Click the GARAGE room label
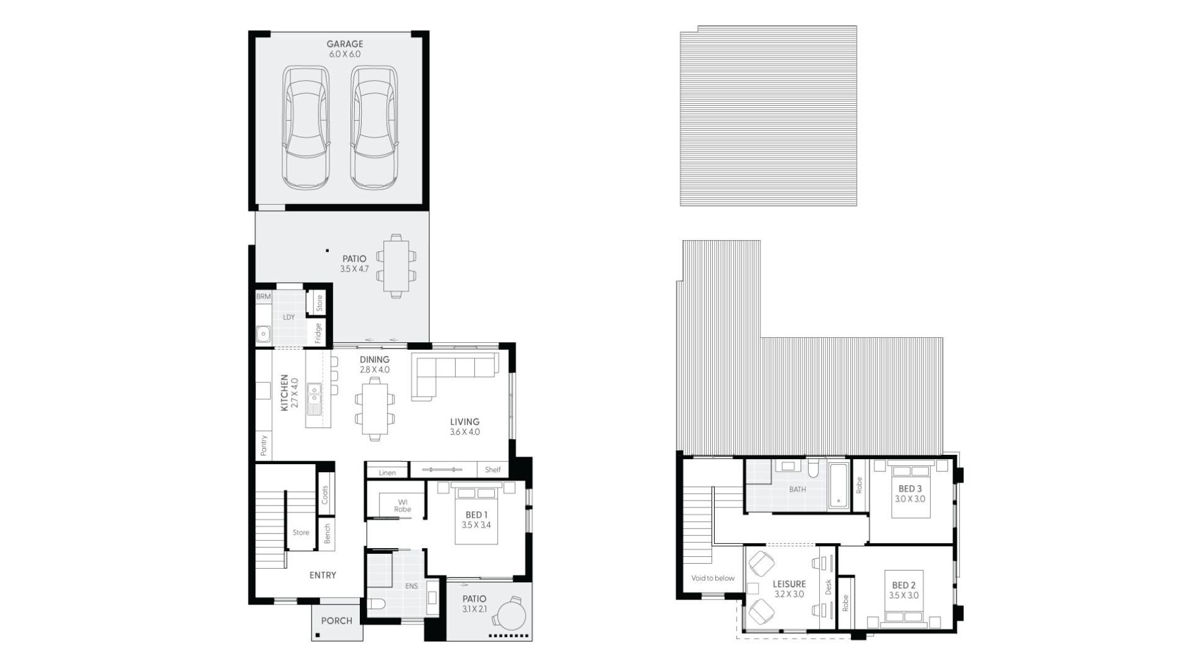click(345, 44)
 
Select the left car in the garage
click(305, 127)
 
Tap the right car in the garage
click(373, 127)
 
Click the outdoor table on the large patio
click(396, 266)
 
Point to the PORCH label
click(337, 621)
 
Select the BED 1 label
click(476, 515)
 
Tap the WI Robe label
click(403, 506)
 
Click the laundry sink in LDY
click(263, 334)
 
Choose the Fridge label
click(318, 333)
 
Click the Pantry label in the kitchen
click(264, 445)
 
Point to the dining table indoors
click(375, 409)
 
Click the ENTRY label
click(323, 575)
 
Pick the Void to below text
click(713, 578)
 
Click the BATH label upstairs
click(798, 489)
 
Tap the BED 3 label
click(910, 489)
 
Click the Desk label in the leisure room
click(829, 587)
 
